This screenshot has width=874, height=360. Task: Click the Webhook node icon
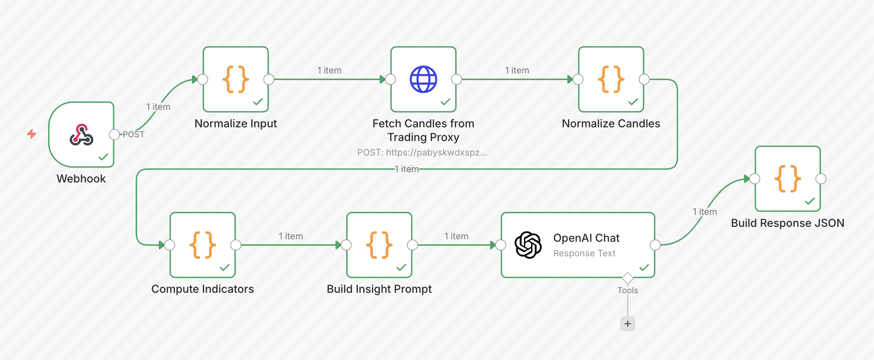tap(81, 135)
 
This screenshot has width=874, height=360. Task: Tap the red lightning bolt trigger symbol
tap(32, 134)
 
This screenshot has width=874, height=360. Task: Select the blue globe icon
tap(423, 79)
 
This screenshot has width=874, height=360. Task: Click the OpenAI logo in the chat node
tap(528, 245)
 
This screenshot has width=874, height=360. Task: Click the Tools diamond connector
tap(628, 278)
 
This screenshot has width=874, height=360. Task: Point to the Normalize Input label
tap(235, 124)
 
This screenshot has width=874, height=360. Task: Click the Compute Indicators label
tap(202, 289)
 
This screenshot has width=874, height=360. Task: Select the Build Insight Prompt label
tap(379, 289)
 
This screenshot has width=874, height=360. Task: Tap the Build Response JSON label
tap(787, 223)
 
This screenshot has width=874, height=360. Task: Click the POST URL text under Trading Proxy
tap(422, 153)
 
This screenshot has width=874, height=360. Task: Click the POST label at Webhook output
tap(134, 134)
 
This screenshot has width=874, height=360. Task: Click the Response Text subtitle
tap(584, 253)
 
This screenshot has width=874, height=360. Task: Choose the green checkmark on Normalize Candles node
tap(633, 102)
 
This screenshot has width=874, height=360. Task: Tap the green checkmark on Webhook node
tap(103, 157)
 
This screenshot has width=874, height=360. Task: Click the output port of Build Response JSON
tap(821, 179)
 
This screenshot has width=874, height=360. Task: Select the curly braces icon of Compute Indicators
tap(202, 245)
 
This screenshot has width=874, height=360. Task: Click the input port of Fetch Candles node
tap(390, 79)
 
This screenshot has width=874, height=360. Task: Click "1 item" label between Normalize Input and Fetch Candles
tap(329, 71)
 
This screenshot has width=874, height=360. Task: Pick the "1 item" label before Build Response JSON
tap(704, 212)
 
